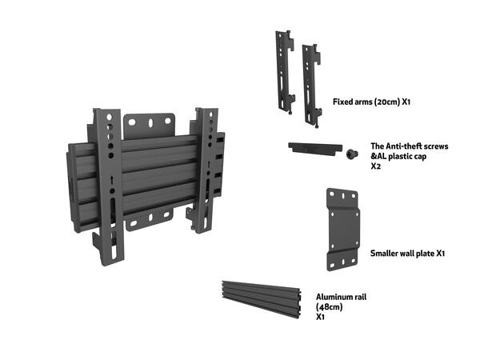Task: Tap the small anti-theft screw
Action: [x=350, y=154]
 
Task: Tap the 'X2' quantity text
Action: [x=375, y=167]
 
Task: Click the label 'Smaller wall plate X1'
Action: [x=407, y=254]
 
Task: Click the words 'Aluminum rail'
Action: [x=341, y=296]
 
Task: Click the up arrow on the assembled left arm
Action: [x=110, y=181]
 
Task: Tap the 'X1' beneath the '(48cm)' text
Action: [x=320, y=317]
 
